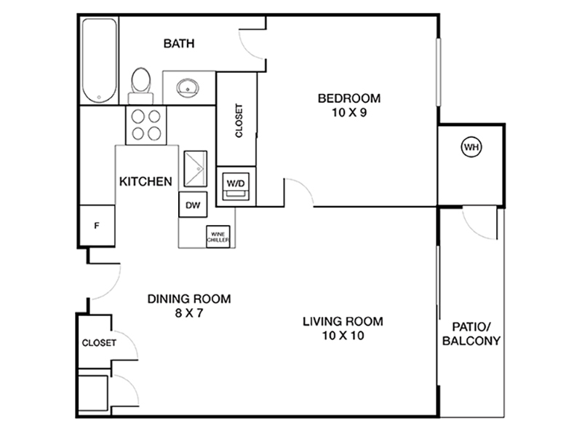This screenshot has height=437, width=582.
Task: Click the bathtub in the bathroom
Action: (99, 60)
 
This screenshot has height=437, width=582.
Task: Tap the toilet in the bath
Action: (140, 86)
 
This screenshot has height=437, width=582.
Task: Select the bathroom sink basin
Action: (188, 87)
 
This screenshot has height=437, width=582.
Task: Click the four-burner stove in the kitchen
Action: (146, 125)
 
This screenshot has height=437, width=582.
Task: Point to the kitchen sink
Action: (195, 168)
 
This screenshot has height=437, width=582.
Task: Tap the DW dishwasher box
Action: (193, 205)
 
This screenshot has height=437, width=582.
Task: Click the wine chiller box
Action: (218, 237)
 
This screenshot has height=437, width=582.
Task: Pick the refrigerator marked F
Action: (97, 226)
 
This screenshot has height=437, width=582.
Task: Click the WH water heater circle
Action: (471, 147)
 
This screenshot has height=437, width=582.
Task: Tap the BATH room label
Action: (179, 44)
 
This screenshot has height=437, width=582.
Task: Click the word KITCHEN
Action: (145, 181)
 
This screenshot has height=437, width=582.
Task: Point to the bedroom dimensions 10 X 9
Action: (349, 112)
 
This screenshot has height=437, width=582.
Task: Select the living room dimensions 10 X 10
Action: (343, 336)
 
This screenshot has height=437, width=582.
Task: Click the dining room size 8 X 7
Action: (189, 313)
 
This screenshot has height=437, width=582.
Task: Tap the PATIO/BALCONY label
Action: (471, 334)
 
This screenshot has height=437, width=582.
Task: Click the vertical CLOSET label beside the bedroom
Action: (239, 120)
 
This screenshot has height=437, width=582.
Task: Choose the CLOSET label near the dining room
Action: (99, 342)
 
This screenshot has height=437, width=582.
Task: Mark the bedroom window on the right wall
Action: (439, 71)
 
